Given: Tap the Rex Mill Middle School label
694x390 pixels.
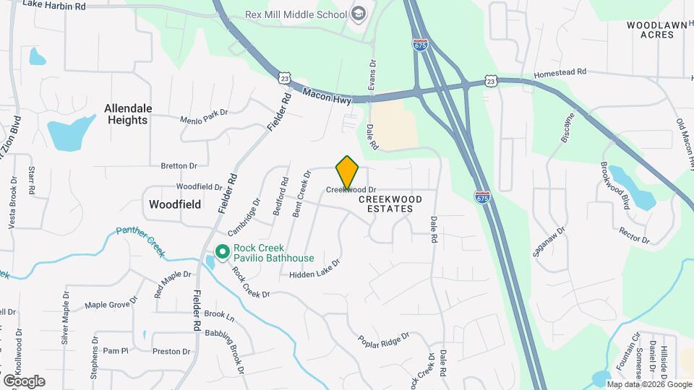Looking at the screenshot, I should (306, 14).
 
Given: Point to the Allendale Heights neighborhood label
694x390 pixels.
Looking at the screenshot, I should (128, 114).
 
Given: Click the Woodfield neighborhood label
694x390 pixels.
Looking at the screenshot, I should (175, 204).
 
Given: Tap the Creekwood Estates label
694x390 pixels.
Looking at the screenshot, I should (385, 203).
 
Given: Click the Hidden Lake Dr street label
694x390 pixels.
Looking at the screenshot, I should (314, 270).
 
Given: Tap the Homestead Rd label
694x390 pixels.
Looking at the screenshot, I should (560, 73).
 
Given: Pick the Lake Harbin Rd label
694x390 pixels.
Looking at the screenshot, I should (54, 6).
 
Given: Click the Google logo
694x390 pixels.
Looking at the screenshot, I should (24, 381).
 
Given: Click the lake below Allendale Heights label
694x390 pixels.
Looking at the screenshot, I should (69, 131).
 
